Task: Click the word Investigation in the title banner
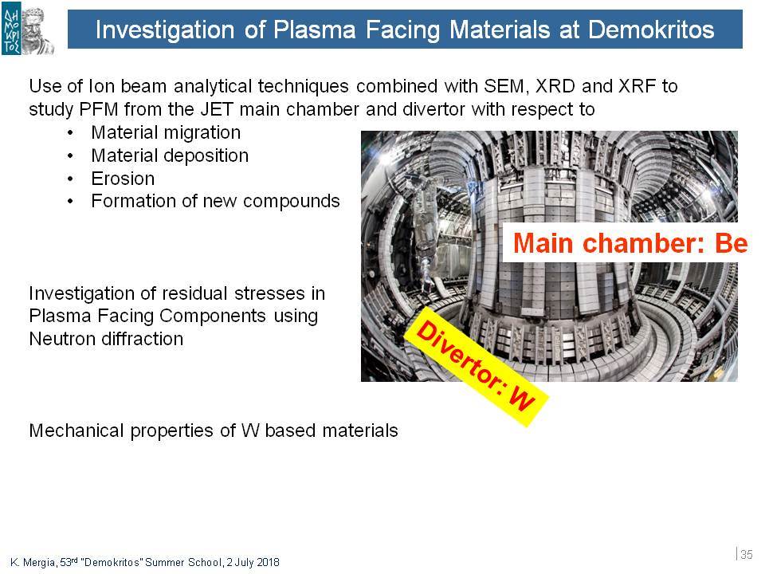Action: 165,29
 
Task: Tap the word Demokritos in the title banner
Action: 651,29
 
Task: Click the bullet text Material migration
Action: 166,132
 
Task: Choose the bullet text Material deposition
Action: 170,155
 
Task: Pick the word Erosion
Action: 123,179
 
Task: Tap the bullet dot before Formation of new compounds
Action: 71,201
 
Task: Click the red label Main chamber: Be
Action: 630,243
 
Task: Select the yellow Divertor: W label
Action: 477,367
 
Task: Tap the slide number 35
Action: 747,555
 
